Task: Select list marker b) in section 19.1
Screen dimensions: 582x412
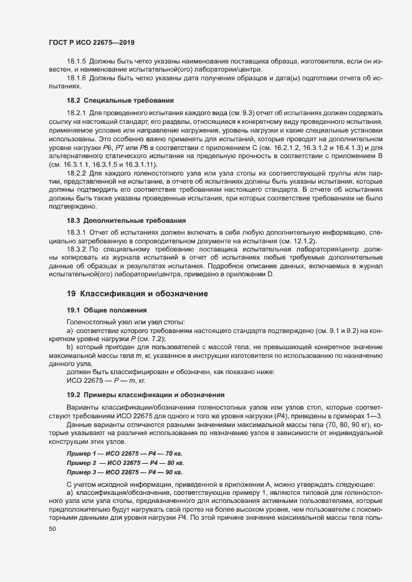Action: click(x=70, y=346)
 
